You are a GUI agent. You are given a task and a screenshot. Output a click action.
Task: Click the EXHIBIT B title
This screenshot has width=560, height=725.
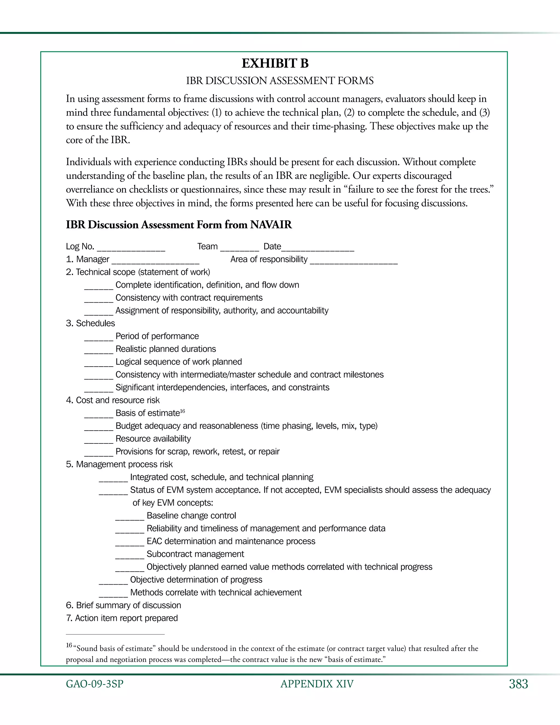click(275, 63)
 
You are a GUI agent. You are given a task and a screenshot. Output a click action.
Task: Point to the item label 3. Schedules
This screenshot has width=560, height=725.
click(90, 323)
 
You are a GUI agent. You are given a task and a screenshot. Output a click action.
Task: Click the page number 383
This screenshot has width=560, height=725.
click(518, 684)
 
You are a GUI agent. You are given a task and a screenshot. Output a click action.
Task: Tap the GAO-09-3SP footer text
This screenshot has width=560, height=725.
click(95, 684)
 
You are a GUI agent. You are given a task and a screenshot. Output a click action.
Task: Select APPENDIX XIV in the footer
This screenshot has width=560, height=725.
click(317, 684)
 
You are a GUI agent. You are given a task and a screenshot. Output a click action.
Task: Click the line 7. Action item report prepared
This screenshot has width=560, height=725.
click(122, 618)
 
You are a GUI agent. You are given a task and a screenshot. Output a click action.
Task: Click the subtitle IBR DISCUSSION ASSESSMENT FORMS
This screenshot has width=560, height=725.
click(280, 81)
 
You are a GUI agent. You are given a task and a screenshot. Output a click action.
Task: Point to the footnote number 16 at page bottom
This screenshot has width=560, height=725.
click(69, 645)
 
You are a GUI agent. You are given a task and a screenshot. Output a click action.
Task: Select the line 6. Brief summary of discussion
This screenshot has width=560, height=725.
click(123, 605)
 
